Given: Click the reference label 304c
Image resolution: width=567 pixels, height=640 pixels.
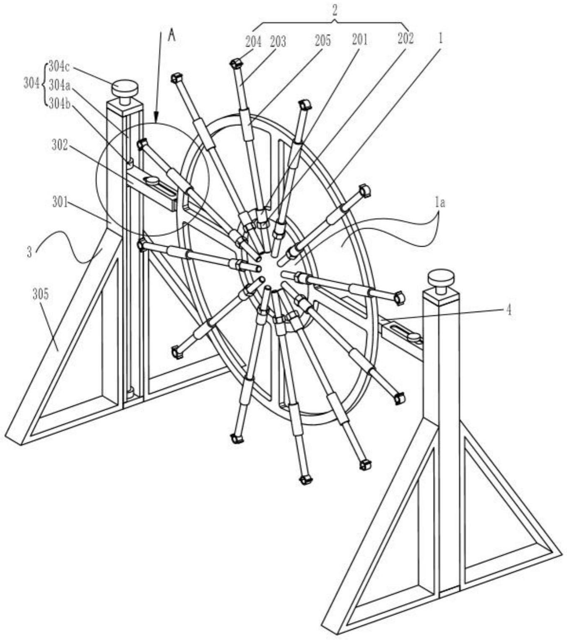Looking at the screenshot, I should pos(58,67).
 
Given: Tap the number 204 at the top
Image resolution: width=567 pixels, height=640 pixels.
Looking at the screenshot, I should pos(253,42).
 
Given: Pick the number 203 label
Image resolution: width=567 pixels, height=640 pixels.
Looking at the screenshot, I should pos(278,42).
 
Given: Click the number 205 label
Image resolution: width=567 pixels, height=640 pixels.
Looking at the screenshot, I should pos(322,41).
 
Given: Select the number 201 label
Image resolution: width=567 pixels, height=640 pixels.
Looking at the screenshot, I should pos(359,40).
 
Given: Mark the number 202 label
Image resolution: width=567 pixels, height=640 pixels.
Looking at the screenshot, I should pos(405,39).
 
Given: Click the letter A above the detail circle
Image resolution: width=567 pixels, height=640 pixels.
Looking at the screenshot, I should pos(172,36).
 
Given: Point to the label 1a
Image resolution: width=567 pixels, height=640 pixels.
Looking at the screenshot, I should pos(439,203).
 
